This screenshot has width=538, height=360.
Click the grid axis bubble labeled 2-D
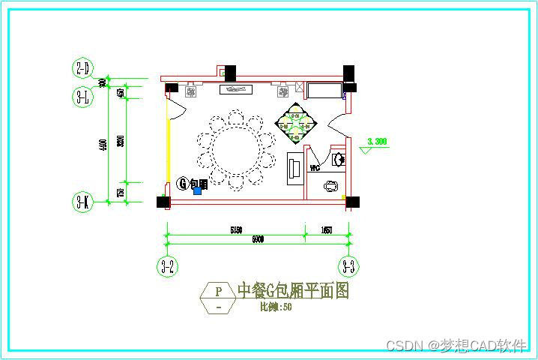82,69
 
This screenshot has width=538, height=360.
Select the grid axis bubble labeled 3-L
82,96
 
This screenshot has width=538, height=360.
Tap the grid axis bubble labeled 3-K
82,202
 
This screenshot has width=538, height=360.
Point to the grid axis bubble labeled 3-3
348,265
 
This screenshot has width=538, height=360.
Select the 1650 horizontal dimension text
327,230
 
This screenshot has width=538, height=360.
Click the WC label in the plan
315,168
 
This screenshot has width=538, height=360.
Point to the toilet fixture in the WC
330,187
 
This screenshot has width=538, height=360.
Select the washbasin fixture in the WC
339,159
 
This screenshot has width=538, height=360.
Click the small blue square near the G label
198,190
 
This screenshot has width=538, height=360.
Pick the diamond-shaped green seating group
297,122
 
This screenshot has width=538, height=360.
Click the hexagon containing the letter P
218,298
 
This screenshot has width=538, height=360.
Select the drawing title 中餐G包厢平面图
293,291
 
